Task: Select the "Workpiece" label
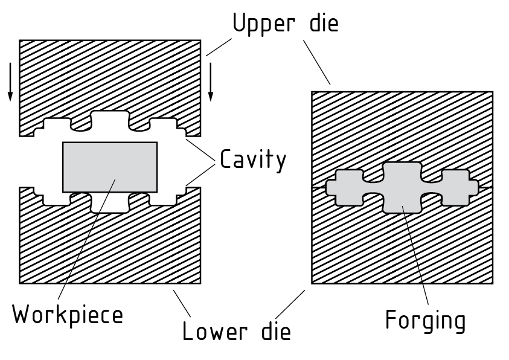(68, 315)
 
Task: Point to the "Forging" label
(426, 320)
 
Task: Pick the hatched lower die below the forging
(402, 248)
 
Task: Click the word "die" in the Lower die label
(274, 332)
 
